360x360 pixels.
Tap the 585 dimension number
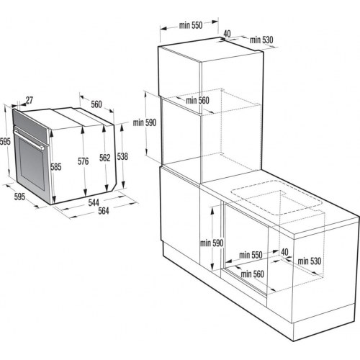[56, 167]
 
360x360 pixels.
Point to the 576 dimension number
[84, 162]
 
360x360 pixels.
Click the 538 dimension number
[124, 156]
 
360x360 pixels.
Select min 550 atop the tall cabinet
[189, 25]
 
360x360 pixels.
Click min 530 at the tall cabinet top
[263, 40]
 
